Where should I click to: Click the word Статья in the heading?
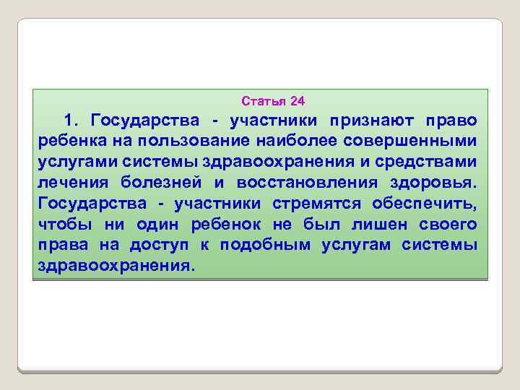[x=261, y=100]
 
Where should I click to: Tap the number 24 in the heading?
[x=298, y=100]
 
